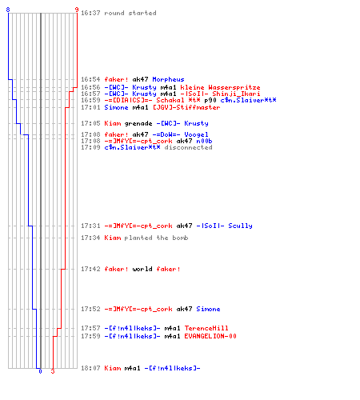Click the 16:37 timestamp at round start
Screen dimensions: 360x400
point(90,13)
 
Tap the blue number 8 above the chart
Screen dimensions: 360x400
point(8,10)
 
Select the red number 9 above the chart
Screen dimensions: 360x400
point(77,10)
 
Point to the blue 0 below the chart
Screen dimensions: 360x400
point(40,371)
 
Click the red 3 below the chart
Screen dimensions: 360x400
point(53,371)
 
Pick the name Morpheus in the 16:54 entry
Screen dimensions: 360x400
point(168,79)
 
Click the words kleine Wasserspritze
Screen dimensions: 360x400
point(220,87)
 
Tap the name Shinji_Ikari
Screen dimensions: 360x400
point(236,94)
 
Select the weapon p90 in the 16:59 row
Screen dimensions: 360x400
point(210,101)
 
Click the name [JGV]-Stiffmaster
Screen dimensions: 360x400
point(186,107)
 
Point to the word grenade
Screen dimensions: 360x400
point(138,123)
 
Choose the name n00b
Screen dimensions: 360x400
point(204,141)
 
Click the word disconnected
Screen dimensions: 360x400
point(188,147)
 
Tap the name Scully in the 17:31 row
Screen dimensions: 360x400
point(240,226)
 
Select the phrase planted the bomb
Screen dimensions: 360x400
point(156,238)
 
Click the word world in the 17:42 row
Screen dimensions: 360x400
point(142,269)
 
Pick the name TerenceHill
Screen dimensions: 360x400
point(206,328)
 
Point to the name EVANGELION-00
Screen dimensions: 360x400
point(210,336)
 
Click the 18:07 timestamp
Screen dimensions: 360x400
point(90,368)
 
